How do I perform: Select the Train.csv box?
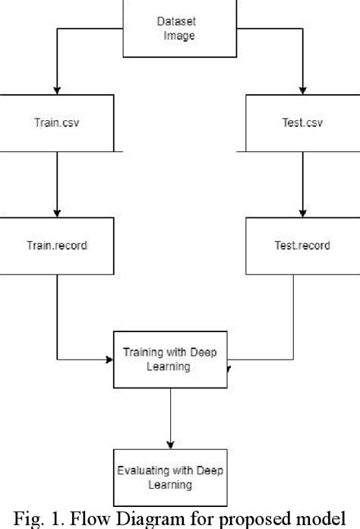[x=58, y=122]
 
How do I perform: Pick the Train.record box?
[x=58, y=246]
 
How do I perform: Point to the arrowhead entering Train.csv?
[x=58, y=89]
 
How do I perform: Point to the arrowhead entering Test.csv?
[x=303, y=89]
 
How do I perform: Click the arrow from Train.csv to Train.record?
[x=58, y=182]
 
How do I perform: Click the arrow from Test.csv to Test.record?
[x=303, y=182]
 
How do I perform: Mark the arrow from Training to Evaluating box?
[x=170, y=414]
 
